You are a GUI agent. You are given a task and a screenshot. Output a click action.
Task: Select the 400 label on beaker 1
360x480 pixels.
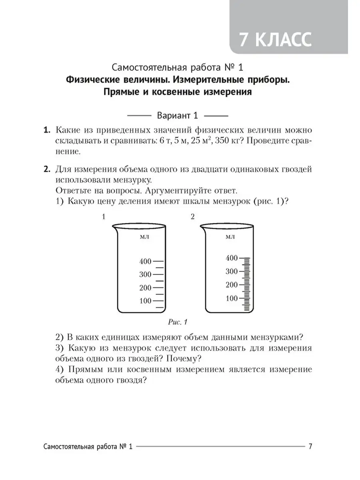pyautogui.click(x=145, y=262)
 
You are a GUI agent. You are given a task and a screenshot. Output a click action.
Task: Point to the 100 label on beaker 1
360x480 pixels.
pyautogui.click(x=145, y=301)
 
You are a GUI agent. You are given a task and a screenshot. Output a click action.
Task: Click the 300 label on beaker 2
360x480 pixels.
pyautogui.click(x=232, y=272)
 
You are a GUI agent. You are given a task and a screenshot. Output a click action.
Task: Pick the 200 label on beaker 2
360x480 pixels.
pyautogui.click(x=232, y=285)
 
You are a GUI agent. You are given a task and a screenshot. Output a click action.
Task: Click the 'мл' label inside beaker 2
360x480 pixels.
pyautogui.click(x=230, y=237)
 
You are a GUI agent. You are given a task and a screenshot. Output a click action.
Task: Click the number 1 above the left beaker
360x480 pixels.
pyautogui.click(x=104, y=217)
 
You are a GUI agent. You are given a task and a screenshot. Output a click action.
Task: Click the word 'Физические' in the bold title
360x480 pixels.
pyautogui.click(x=92, y=80)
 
